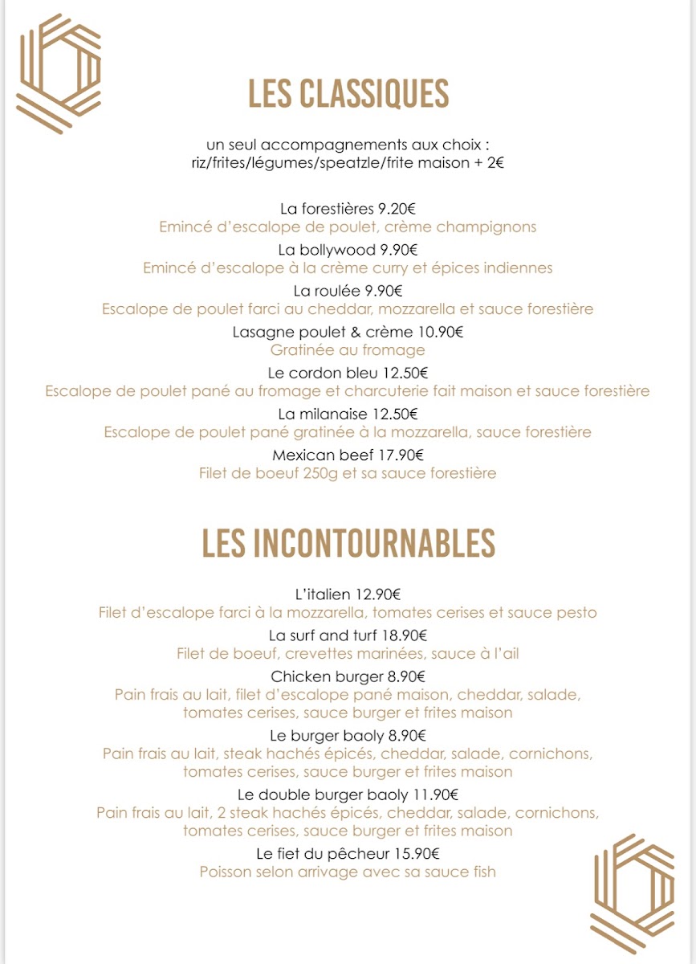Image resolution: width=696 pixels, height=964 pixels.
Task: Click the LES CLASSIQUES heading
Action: pos(348,94)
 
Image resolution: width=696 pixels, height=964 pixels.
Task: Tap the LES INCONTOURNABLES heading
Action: pos(348,544)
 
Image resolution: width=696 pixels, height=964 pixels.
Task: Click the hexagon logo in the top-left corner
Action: pos(59,73)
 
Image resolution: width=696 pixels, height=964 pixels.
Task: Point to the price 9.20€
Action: pos(397,209)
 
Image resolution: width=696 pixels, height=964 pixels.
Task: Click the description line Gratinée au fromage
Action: pos(348,350)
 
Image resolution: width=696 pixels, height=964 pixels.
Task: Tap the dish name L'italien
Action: pos(323,595)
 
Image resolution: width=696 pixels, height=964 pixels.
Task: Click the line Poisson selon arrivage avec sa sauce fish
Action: pos(348,872)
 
